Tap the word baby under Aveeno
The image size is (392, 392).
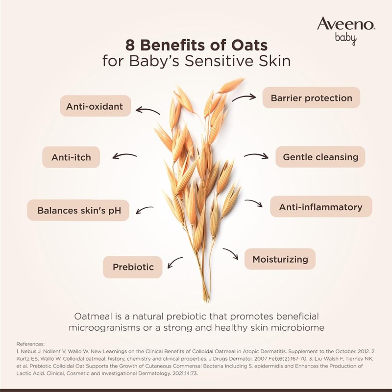(x=345, y=39)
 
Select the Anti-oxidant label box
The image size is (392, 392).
(x=96, y=106)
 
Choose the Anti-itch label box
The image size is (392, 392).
(x=72, y=157)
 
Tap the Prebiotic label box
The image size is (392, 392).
(x=133, y=267)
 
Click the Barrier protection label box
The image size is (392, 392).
(x=311, y=98)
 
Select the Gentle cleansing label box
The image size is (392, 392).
(x=320, y=157)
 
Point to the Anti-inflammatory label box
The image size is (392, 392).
(x=321, y=207)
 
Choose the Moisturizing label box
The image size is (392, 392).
(x=280, y=259)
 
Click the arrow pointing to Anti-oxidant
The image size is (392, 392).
(x=148, y=110)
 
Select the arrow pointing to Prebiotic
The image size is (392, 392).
(x=175, y=263)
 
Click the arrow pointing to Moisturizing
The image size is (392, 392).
(x=231, y=254)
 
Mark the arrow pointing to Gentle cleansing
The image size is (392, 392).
(x=256, y=156)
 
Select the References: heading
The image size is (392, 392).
(x=31, y=344)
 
